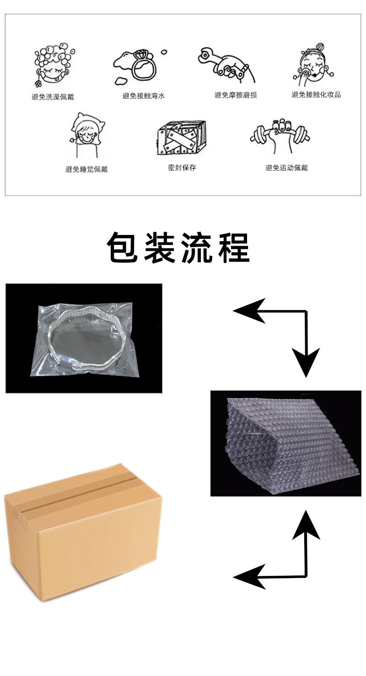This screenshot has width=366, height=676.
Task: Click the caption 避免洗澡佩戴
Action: coord(53,97)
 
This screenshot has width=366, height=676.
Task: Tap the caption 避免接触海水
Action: coord(144,96)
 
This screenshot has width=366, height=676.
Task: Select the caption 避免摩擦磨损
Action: coord(236,95)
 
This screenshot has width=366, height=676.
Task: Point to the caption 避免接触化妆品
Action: coord(316,95)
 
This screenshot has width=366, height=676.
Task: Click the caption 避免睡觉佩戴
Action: coord(87,169)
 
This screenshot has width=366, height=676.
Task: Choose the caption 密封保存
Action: coord(182,168)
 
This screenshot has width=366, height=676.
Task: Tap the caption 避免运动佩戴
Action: coord(287,168)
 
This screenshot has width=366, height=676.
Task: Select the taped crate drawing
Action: coord(182,138)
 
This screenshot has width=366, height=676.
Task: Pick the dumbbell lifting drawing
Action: coord(280,135)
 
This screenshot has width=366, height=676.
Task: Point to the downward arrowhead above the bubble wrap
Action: coord(306,362)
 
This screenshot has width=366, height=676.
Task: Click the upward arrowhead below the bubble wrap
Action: coord(306,525)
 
